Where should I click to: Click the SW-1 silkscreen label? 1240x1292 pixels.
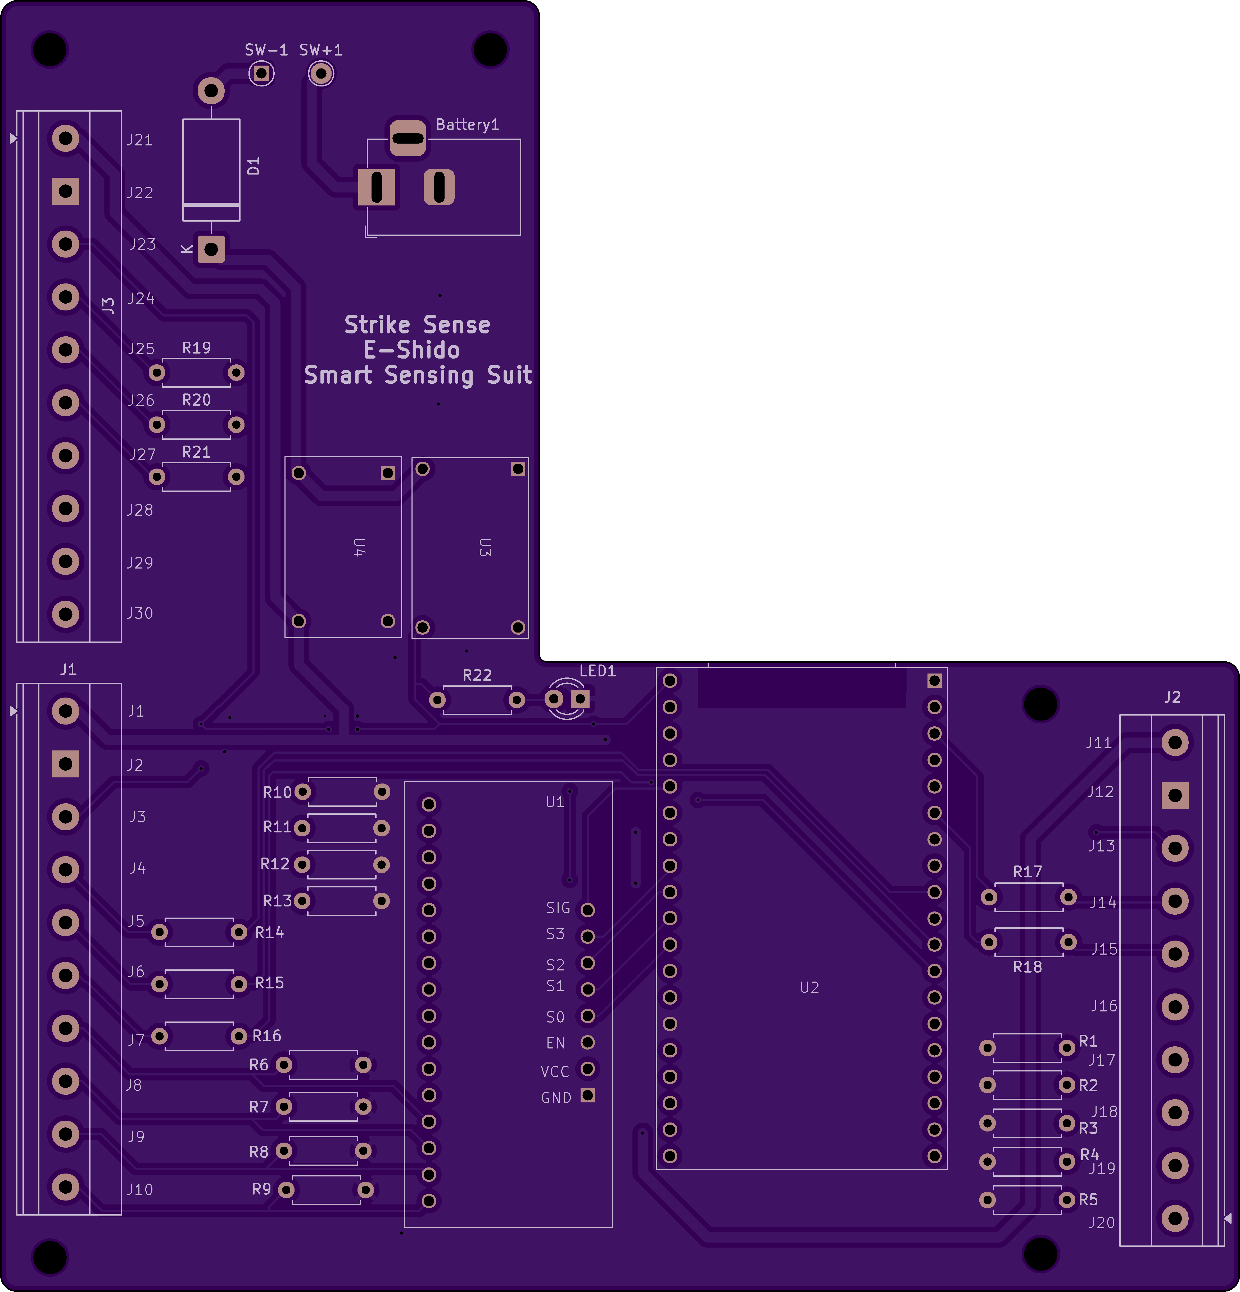(266, 50)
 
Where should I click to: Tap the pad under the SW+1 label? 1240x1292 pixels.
(321, 73)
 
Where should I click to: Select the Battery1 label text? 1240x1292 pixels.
(467, 125)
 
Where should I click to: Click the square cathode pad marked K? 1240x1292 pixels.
(211, 249)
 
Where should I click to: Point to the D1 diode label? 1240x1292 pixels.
(253, 166)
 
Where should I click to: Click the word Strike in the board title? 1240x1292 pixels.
(377, 325)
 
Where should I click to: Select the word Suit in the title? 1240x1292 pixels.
(509, 375)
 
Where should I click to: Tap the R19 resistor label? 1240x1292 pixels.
(197, 348)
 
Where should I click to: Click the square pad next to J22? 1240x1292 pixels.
(65, 191)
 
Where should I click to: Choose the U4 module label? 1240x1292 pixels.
(359, 547)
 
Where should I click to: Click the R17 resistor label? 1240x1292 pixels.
(1028, 872)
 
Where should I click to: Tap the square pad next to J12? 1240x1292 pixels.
(1175, 796)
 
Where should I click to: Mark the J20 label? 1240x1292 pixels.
(1102, 1223)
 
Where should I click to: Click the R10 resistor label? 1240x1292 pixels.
(277, 792)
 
